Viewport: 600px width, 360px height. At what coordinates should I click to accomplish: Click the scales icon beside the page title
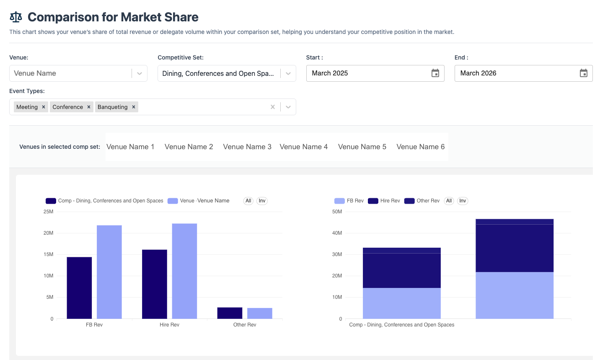coord(16,17)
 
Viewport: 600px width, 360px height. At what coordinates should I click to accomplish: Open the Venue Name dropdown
coord(139,73)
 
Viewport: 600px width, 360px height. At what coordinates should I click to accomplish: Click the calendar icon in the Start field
coord(435,73)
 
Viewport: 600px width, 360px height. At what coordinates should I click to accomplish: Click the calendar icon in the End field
coord(583,73)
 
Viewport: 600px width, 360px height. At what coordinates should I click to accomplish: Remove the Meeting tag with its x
coord(44,107)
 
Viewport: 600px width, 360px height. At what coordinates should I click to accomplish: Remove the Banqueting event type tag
coord(134,107)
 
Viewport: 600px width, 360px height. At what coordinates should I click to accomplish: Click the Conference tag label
coord(67,107)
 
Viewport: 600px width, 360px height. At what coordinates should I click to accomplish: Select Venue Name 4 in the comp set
coord(303,147)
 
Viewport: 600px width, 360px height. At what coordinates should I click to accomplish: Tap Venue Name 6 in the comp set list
coord(420,147)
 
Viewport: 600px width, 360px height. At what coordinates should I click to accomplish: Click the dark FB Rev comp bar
coord(79,288)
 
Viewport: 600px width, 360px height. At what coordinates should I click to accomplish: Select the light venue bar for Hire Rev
coord(184,271)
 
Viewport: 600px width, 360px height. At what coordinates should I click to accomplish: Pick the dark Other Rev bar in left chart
coord(230,313)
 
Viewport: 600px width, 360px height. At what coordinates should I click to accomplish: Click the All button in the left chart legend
coord(248,201)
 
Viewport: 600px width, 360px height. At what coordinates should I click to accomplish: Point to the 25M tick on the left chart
coord(48,212)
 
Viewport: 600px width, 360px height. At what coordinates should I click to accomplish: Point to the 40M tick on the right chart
coord(337,233)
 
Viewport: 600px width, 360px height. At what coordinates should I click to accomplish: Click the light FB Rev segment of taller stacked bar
coord(514,295)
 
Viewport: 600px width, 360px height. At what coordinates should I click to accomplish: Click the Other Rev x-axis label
coord(245,325)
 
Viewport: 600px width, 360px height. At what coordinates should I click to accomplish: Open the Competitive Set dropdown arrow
coord(288,73)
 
